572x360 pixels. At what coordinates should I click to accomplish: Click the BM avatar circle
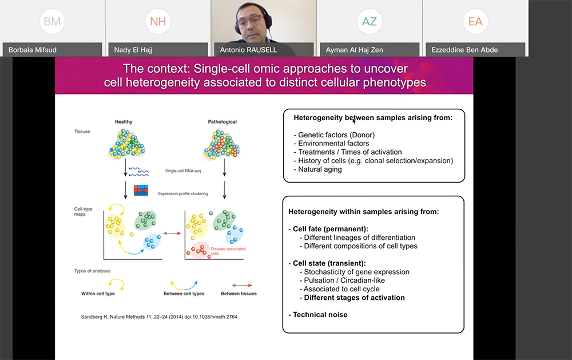(53, 22)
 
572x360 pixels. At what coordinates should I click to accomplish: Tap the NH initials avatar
(158, 22)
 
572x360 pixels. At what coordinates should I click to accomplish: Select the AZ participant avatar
(370, 22)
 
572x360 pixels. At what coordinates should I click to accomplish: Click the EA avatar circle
(475, 22)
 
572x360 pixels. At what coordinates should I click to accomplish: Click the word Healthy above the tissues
(124, 122)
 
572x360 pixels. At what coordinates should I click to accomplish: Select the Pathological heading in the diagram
(223, 122)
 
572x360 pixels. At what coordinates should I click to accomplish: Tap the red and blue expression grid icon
(141, 191)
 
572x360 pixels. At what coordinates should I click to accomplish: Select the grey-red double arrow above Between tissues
(239, 283)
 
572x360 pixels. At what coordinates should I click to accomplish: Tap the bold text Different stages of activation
(354, 298)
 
